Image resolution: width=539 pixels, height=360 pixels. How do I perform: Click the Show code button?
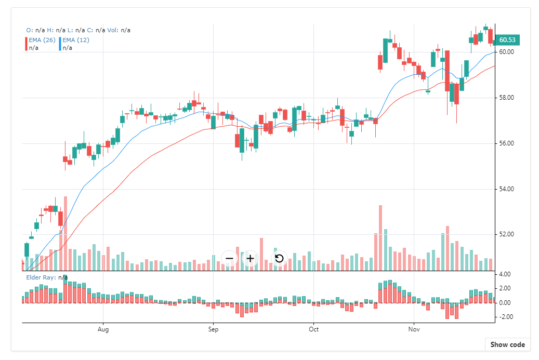(x=507, y=344)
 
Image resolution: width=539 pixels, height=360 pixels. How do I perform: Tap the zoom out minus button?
(x=230, y=258)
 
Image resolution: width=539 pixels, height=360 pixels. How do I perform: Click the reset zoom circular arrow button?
(x=279, y=258)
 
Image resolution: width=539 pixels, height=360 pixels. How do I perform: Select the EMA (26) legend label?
(x=41, y=40)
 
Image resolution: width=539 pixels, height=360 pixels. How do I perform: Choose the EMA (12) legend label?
(x=75, y=40)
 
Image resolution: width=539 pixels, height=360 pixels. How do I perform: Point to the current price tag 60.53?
(x=507, y=40)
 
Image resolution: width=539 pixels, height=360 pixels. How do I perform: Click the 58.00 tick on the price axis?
(x=506, y=98)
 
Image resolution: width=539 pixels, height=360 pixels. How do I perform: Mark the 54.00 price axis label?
(x=506, y=189)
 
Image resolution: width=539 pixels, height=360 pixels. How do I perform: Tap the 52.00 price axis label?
(x=506, y=234)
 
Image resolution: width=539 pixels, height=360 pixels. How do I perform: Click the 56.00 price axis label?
(x=506, y=143)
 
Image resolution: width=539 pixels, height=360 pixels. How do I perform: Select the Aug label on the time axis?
(x=103, y=329)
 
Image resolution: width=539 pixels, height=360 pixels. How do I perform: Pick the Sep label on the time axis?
(x=212, y=329)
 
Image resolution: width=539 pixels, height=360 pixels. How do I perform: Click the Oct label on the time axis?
(x=313, y=329)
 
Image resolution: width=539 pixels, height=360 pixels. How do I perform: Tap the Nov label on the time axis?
(x=414, y=329)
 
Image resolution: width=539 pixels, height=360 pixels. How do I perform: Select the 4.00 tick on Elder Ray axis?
(x=505, y=274)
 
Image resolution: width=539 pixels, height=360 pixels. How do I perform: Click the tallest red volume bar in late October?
(x=380, y=238)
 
